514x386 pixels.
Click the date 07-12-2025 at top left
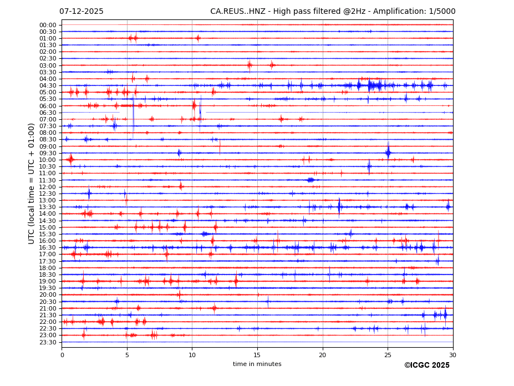click(81, 12)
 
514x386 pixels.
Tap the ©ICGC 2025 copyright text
click(426, 365)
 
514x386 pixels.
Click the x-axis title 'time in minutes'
click(257, 364)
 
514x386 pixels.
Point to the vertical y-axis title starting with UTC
click(32, 183)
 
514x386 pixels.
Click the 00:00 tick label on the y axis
click(48, 25)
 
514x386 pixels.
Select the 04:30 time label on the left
click(48, 86)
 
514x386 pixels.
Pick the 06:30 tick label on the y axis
click(48, 113)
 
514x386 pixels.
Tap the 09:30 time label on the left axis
click(48, 153)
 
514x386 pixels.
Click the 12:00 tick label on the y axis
click(48, 187)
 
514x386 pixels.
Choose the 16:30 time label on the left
click(48, 248)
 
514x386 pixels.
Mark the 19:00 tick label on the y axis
click(48, 281)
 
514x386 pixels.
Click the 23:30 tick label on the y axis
click(48, 342)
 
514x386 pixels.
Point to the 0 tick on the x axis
click(62, 355)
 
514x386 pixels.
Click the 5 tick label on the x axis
click(127, 355)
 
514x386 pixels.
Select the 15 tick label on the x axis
click(257, 355)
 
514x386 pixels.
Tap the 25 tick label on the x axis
click(388, 355)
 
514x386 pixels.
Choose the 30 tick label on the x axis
click(452, 355)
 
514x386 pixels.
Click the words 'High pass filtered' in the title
click(304, 12)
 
